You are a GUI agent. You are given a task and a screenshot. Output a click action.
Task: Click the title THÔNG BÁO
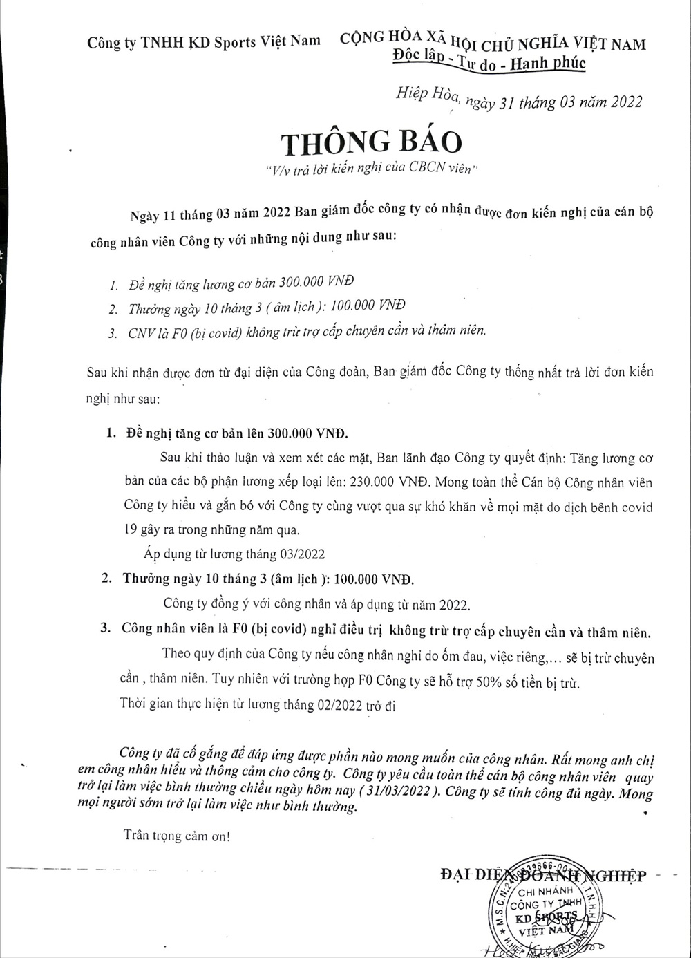pos(371,142)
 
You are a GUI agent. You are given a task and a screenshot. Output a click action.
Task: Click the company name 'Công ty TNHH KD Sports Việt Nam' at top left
pos(203,41)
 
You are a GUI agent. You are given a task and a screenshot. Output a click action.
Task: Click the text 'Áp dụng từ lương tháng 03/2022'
pos(234,554)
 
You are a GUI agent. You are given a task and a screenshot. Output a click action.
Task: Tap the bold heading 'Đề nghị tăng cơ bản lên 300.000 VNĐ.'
pos(237,434)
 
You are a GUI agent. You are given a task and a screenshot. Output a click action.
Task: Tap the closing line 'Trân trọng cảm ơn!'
pos(176,835)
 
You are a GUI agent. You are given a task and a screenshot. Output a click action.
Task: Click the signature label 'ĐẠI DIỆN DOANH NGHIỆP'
pos(542,876)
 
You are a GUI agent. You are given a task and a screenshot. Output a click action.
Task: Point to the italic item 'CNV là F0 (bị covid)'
pos(182,331)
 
